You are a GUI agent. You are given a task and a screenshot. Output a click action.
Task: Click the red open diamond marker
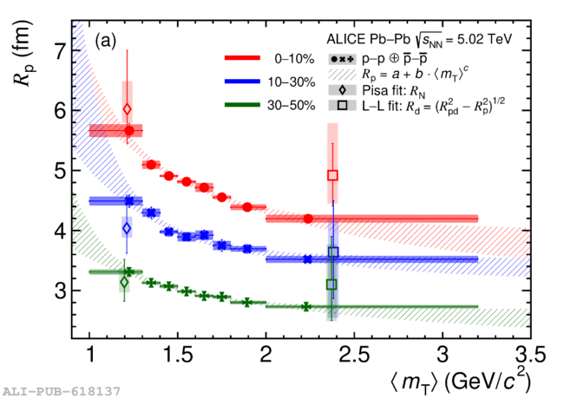pyautogui.click(x=128, y=109)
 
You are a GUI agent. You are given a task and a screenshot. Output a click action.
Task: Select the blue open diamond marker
pyautogui.click(x=127, y=228)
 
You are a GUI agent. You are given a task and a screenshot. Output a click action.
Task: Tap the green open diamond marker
pyautogui.click(x=124, y=282)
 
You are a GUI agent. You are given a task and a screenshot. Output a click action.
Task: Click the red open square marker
pyautogui.click(x=332, y=175)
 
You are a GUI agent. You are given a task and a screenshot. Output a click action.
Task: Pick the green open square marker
pyautogui.click(x=331, y=284)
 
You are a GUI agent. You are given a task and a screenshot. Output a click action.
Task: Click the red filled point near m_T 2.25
pyautogui.click(x=308, y=219)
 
